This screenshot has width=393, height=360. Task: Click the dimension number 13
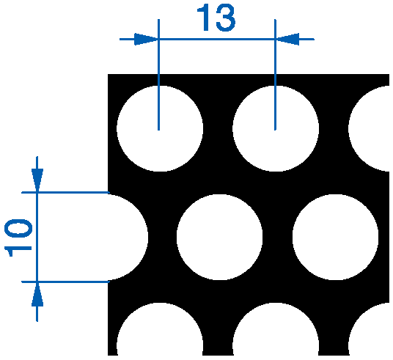(216, 18)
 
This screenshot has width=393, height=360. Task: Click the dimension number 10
(18, 238)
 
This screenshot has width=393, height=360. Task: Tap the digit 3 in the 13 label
(226, 18)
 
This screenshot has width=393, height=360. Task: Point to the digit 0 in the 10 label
(18, 228)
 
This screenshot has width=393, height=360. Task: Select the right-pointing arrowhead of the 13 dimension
(146, 39)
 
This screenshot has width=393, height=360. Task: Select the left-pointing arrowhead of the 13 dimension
(287, 39)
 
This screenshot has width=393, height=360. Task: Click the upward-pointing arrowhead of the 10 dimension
(37, 294)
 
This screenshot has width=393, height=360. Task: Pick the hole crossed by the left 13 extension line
(160, 128)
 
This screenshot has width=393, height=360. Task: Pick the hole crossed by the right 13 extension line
(276, 128)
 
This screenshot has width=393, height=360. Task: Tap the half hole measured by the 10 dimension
(128, 237)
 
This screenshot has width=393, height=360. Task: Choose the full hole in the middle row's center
(219, 237)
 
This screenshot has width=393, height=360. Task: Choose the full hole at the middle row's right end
(335, 237)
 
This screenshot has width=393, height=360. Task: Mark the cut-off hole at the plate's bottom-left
(160, 331)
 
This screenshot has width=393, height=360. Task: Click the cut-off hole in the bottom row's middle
(276, 331)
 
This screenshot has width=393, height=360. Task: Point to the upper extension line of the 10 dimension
(65, 192)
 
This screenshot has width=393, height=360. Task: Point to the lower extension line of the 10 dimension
(65, 282)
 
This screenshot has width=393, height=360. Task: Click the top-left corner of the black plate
(108, 74)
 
